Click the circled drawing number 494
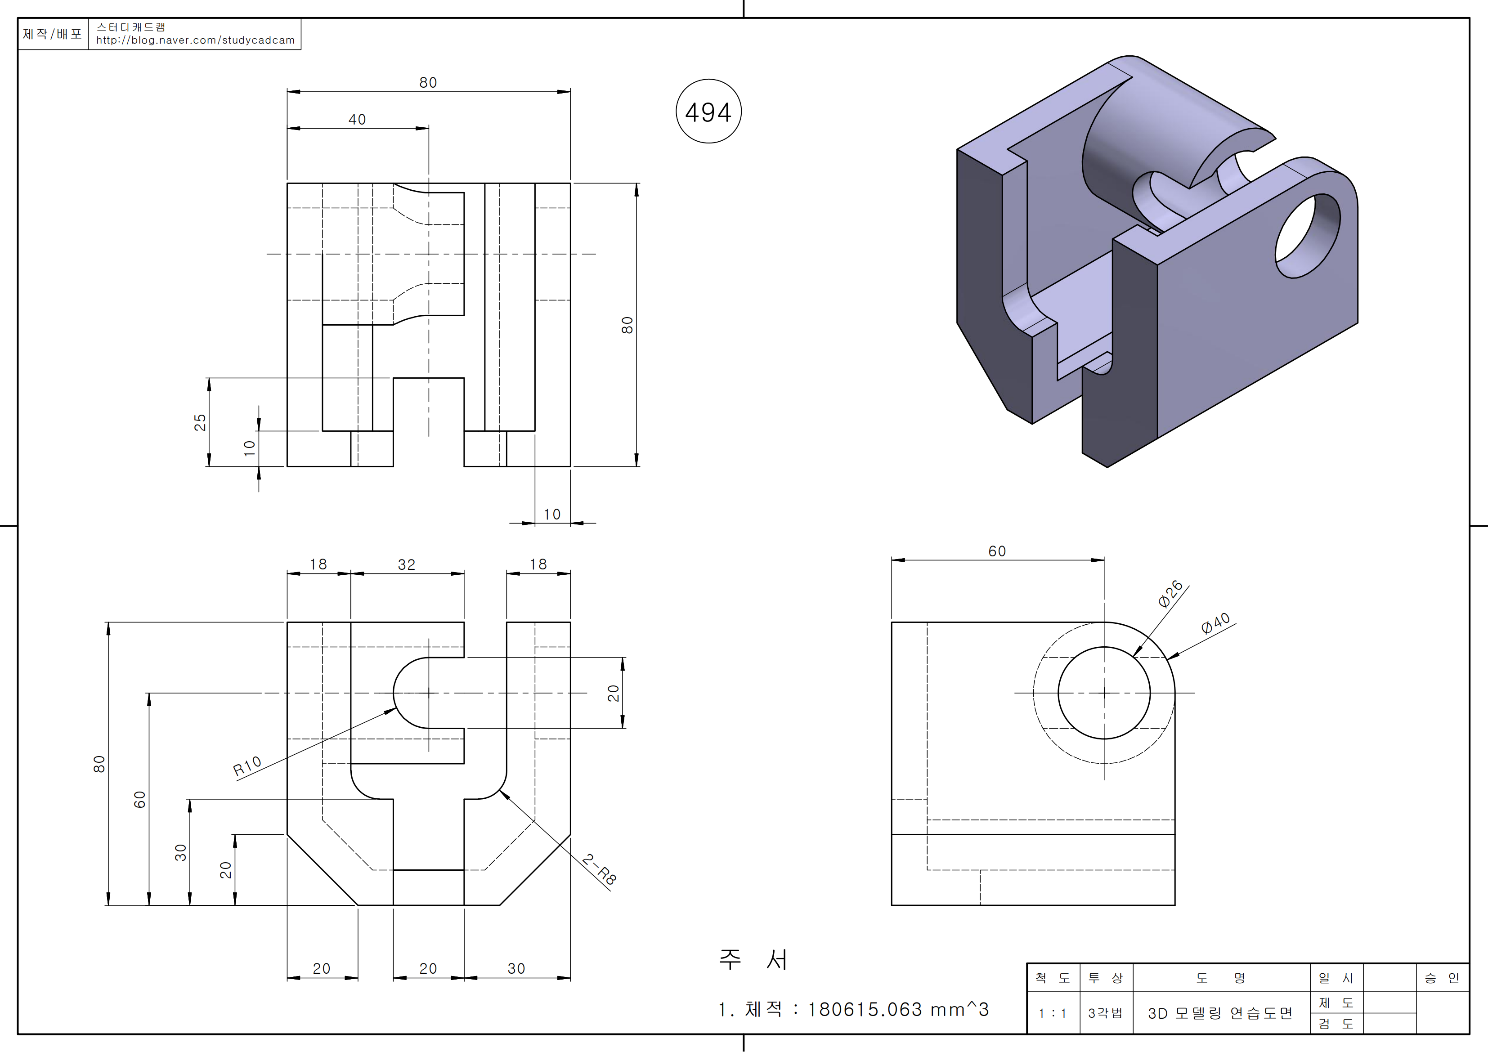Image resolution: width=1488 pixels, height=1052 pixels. tap(708, 112)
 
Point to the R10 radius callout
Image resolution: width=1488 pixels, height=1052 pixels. tap(247, 765)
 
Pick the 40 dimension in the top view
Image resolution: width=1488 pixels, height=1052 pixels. tap(357, 119)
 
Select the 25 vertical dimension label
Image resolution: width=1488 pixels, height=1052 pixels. tap(200, 422)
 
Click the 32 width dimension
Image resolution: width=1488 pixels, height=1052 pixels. tap(406, 564)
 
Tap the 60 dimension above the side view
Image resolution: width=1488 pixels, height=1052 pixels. tap(997, 551)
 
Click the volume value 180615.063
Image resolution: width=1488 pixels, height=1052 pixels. tap(865, 1009)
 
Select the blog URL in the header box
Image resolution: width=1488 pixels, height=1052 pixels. tap(195, 40)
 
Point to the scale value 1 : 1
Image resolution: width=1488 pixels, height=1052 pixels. tap(1053, 1013)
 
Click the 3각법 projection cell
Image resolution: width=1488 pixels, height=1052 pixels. tap(1105, 1013)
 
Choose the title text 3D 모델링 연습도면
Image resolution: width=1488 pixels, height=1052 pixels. tap(1220, 1013)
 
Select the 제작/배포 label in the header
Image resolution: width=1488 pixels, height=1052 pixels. tap(53, 34)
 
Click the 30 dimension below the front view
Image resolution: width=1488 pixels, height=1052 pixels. tap(516, 968)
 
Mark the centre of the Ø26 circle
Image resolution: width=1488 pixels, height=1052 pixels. tap(1104, 693)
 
